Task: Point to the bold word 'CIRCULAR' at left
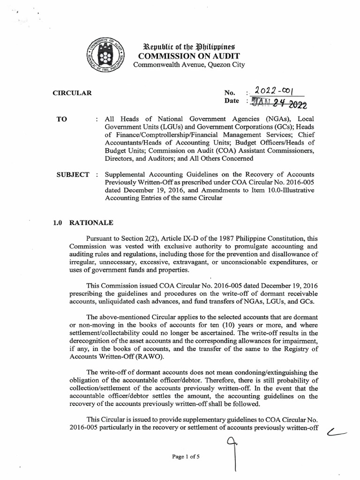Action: pyautogui.click(x=72, y=93)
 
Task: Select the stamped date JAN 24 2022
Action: pyautogui.click(x=278, y=102)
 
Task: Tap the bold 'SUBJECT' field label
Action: pyautogui.click(x=73, y=175)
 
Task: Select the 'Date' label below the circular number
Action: pyautogui.click(x=232, y=101)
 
